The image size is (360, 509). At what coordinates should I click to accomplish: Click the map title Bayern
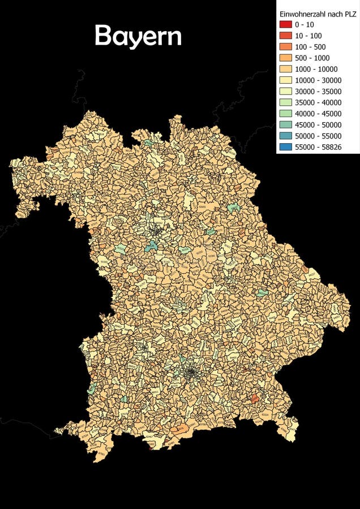138,36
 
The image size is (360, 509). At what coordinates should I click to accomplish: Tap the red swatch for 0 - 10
285,24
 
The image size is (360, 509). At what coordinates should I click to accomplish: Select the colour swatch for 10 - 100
285,36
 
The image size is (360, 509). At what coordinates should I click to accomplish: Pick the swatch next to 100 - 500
285,46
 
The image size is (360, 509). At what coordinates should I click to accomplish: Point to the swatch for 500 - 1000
285,58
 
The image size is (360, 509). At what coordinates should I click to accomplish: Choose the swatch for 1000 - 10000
285,69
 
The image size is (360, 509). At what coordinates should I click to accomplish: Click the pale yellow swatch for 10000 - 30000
285,80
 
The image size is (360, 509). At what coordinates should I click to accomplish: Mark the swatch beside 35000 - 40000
285,102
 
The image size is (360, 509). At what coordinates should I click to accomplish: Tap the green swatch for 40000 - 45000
285,114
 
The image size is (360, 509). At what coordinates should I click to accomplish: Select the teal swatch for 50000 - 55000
285,136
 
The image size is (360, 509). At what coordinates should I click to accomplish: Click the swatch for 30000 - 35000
285,91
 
